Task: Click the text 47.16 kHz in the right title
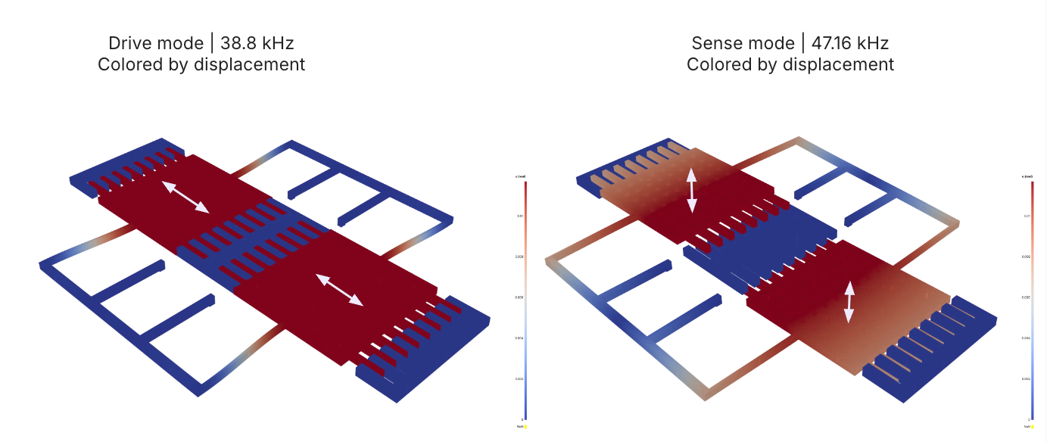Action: point(849,43)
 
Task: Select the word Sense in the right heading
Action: point(714,43)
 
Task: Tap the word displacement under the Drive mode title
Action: point(249,64)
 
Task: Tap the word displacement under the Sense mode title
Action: point(838,64)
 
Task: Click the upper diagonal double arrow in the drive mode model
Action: point(184,197)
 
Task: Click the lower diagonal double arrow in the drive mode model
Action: point(338,290)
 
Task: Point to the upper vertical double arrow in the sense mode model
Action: point(692,190)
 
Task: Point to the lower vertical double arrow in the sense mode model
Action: point(849,302)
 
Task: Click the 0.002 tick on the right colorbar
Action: point(1026,378)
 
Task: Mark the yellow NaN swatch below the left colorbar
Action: point(526,426)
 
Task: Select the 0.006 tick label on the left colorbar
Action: point(519,297)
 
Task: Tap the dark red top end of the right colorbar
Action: point(1032,185)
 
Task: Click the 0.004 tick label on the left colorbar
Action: point(519,338)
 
